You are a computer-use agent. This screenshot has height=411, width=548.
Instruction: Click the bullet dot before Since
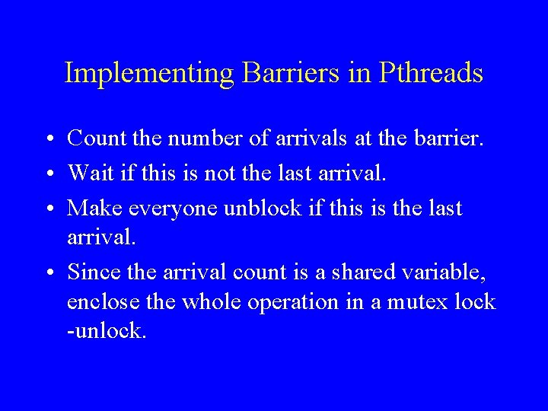[x=48, y=272]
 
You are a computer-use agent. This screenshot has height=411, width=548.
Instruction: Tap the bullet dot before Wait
[x=48, y=174]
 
